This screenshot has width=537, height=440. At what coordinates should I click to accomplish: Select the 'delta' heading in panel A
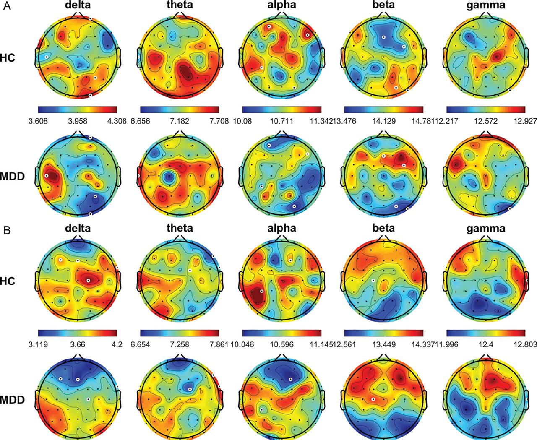(x=77, y=7)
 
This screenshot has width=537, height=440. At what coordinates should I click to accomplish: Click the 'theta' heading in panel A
(x=180, y=7)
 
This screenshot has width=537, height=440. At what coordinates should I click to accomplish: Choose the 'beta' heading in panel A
(x=383, y=7)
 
